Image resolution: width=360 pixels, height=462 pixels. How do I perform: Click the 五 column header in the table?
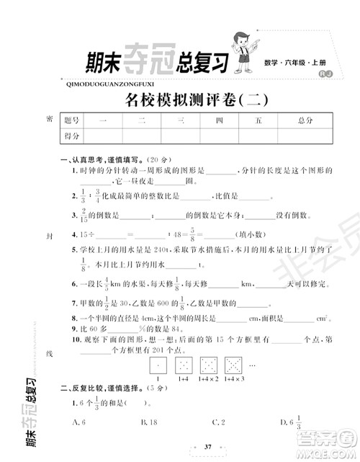[258, 120]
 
